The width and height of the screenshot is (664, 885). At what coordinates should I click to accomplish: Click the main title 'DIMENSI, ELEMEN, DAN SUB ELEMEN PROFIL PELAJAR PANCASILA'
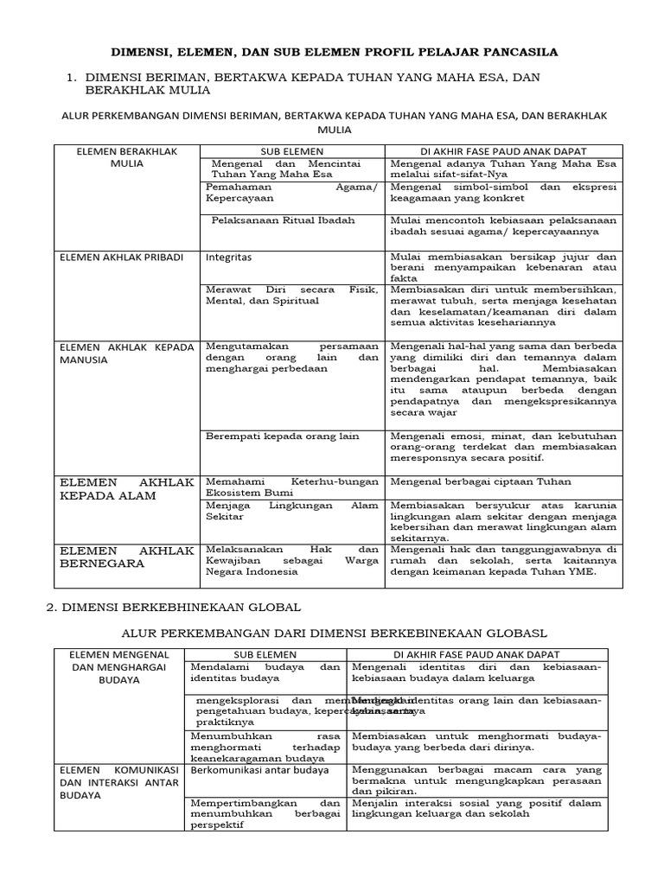331,52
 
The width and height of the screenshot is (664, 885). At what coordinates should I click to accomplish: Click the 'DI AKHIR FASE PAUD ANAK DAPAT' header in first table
503,150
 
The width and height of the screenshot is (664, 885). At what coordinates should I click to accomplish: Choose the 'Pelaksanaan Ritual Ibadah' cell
283,220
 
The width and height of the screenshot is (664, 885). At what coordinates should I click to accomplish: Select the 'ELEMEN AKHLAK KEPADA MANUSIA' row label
126,353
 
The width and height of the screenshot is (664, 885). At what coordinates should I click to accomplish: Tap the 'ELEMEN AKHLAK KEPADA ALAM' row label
126,488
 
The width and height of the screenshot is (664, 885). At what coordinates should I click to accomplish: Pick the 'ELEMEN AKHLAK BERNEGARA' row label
126,557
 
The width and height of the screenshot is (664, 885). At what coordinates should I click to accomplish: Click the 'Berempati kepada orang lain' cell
282,436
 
